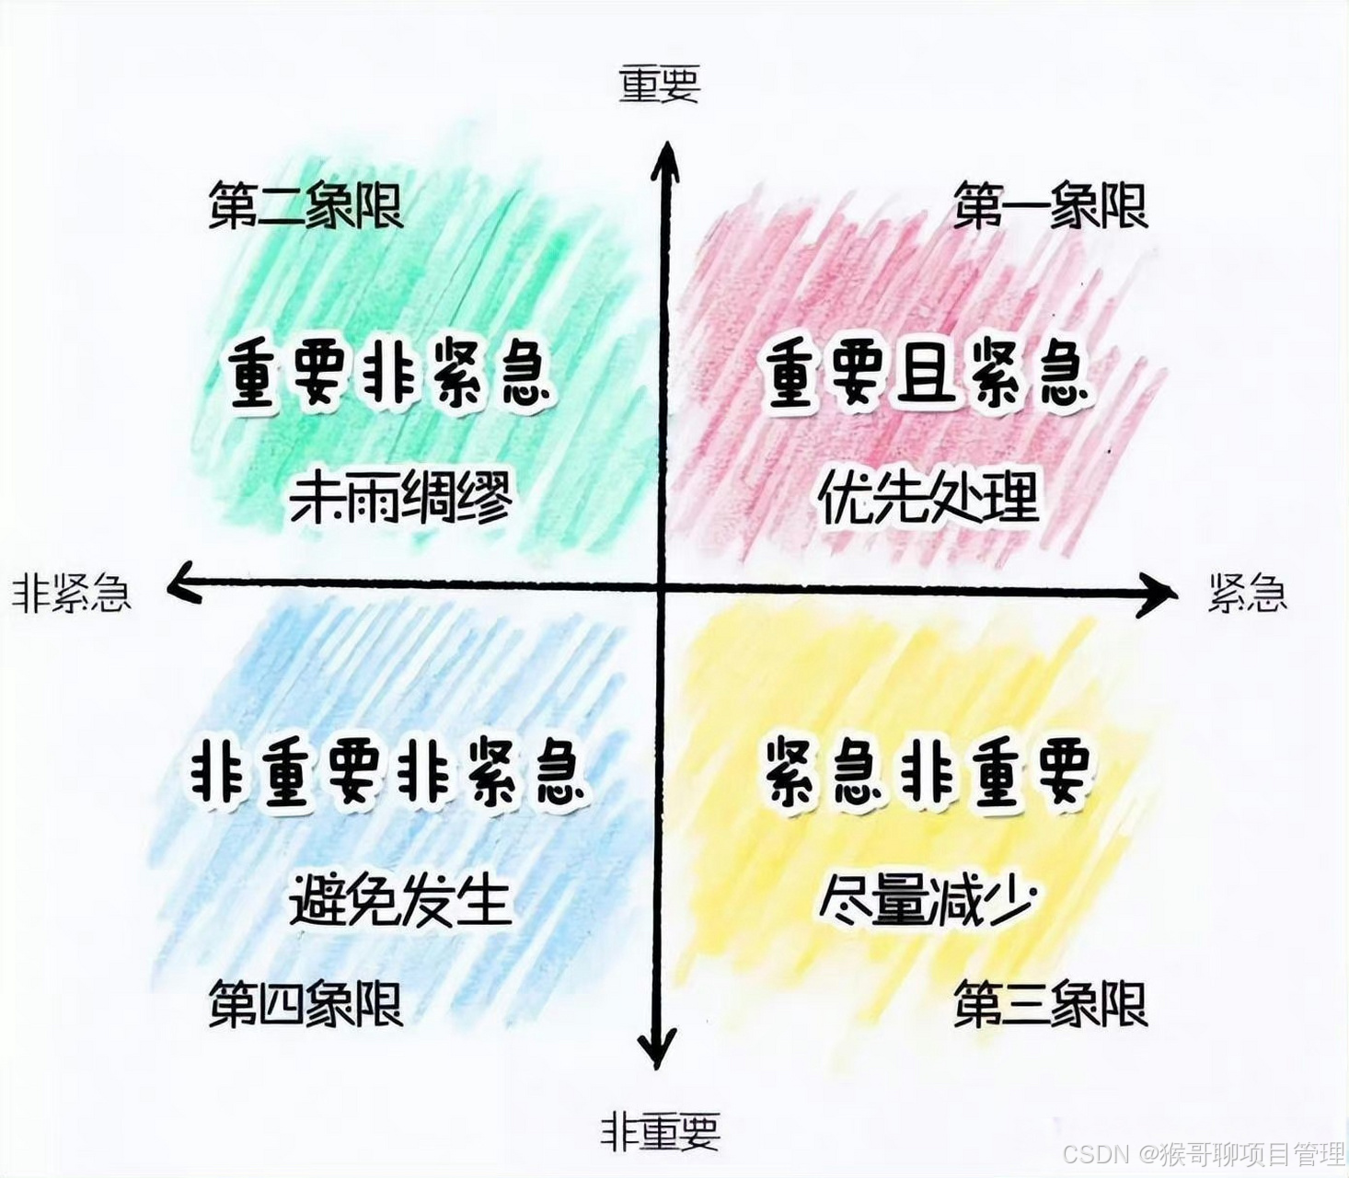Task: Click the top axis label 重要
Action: coord(660,84)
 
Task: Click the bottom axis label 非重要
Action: coord(660,1131)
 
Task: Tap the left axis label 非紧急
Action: coord(72,594)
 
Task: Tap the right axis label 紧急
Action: coord(1247,594)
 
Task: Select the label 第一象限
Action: coord(1050,205)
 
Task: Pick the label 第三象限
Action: coord(1050,1004)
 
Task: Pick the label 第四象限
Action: coord(306,1004)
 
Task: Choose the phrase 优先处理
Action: coord(928,498)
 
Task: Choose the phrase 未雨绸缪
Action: coord(401,498)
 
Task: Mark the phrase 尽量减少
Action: coord(928,899)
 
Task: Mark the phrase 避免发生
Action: coord(401,899)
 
